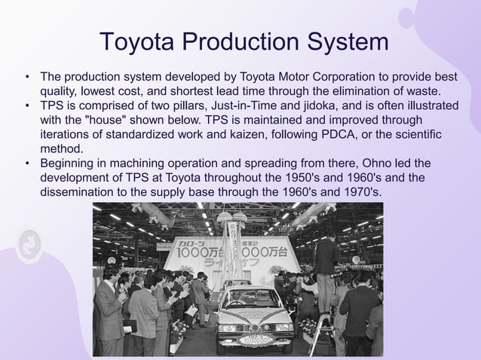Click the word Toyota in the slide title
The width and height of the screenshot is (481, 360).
(x=136, y=41)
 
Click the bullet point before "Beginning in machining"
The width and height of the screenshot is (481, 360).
(x=27, y=163)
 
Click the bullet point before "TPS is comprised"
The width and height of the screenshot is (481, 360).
(x=27, y=106)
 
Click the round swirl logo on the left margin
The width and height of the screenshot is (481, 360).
(x=30, y=246)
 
